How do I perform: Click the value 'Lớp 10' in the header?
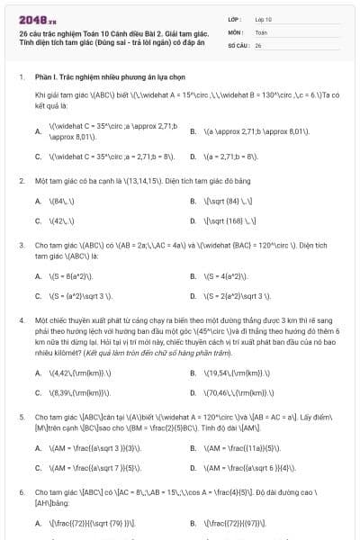click(x=265, y=18)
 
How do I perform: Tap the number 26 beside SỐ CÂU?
click(x=258, y=43)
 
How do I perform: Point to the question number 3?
click(x=21, y=245)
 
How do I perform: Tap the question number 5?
click(x=21, y=418)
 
